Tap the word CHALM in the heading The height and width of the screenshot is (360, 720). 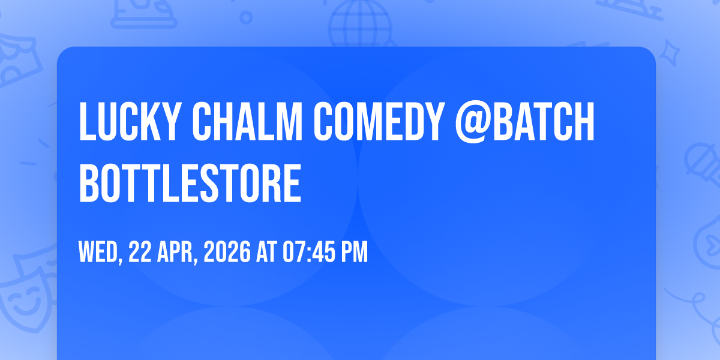247,121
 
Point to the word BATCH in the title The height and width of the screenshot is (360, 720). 544,121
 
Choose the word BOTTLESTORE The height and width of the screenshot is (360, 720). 190,183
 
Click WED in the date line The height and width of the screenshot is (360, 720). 98,252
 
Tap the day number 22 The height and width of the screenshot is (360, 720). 140,251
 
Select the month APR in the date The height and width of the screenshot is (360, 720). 175,252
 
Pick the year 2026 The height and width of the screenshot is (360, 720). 227,251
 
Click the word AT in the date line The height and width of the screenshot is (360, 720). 266,251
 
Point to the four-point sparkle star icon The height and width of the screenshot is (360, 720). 669,53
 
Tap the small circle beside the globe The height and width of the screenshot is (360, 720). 246,17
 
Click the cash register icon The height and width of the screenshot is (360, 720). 143,13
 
